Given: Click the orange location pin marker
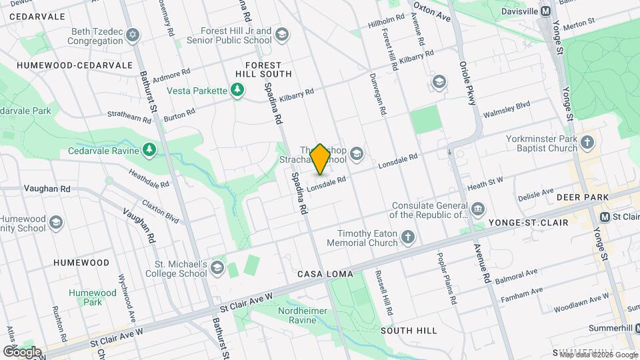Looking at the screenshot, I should pyautogui.click(x=320, y=159).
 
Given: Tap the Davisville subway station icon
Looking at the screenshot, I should pyautogui.click(x=545, y=11).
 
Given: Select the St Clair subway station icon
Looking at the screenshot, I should pyautogui.click(x=605, y=217).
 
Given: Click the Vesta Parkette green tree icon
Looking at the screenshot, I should pyautogui.click(x=237, y=90).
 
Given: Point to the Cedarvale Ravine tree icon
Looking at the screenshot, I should pyautogui.click(x=150, y=150).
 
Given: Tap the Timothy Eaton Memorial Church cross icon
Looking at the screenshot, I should pyautogui.click(x=408, y=237).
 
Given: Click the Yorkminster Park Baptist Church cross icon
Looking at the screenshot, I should pyautogui.click(x=587, y=142).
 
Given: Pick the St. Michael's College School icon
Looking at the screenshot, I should pyautogui.click(x=217, y=268).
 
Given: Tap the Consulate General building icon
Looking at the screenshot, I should pyautogui.click(x=478, y=210).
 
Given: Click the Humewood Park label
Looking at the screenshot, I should pyautogui.click(x=92, y=297).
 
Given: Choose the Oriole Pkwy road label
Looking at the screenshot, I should pyautogui.click(x=467, y=83).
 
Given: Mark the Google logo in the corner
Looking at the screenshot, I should pyautogui.click(x=22, y=351).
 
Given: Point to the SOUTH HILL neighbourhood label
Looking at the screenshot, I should pyautogui.click(x=409, y=330).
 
